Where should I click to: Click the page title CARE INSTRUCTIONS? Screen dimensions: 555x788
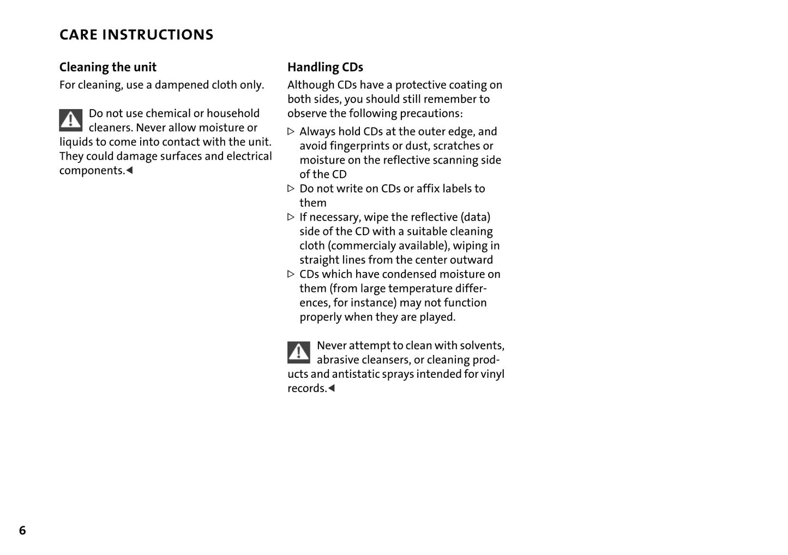[x=136, y=35]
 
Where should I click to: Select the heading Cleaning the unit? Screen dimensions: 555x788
[x=108, y=67]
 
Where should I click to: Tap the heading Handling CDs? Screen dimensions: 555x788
[x=325, y=67]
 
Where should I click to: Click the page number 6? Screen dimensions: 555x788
[x=22, y=530]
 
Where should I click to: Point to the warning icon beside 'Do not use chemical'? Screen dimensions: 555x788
[x=71, y=120]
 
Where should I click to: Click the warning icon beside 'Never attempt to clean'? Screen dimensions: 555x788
[x=299, y=352]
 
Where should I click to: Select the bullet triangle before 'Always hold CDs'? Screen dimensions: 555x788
[x=291, y=131]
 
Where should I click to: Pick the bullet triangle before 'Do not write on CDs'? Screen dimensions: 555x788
[x=291, y=189]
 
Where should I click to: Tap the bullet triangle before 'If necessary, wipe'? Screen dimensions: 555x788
[x=291, y=217]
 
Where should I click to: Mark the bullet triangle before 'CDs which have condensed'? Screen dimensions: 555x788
[x=291, y=274]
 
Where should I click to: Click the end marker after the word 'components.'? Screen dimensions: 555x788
[x=130, y=171]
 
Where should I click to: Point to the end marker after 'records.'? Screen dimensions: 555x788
[x=332, y=388]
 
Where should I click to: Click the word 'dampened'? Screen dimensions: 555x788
[x=182, y=85]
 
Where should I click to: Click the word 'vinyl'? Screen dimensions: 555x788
[x=492, y=374]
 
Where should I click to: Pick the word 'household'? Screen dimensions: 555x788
[x=233, y=113]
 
